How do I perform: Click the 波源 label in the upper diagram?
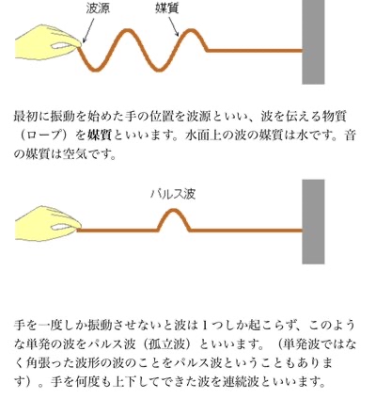click(x=98, y=8)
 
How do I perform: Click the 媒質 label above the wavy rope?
click(x=167, y=8)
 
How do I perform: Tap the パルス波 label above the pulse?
click(x=173, y=194)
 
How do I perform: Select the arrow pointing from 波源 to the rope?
click(x=88, y=30)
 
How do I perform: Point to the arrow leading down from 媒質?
click(x=174, y=26)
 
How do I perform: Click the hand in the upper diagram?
click(x=48, y=42)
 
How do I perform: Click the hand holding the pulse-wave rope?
click(x=48, y=223)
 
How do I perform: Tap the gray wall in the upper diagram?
click(x=313, y=42)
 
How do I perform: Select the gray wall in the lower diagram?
click(x=313, y=222)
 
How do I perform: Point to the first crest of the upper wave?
click(x=128, y=31)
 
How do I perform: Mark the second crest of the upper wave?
click(x=191, y=31)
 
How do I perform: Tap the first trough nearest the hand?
click(x=96, y=70)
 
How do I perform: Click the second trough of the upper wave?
click(x=159, y=70)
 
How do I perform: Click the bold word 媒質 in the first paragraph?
click(x=100, y=136)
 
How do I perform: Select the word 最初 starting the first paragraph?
click(x=25, y=117)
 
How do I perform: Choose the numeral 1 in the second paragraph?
click(x=205, y=326)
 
